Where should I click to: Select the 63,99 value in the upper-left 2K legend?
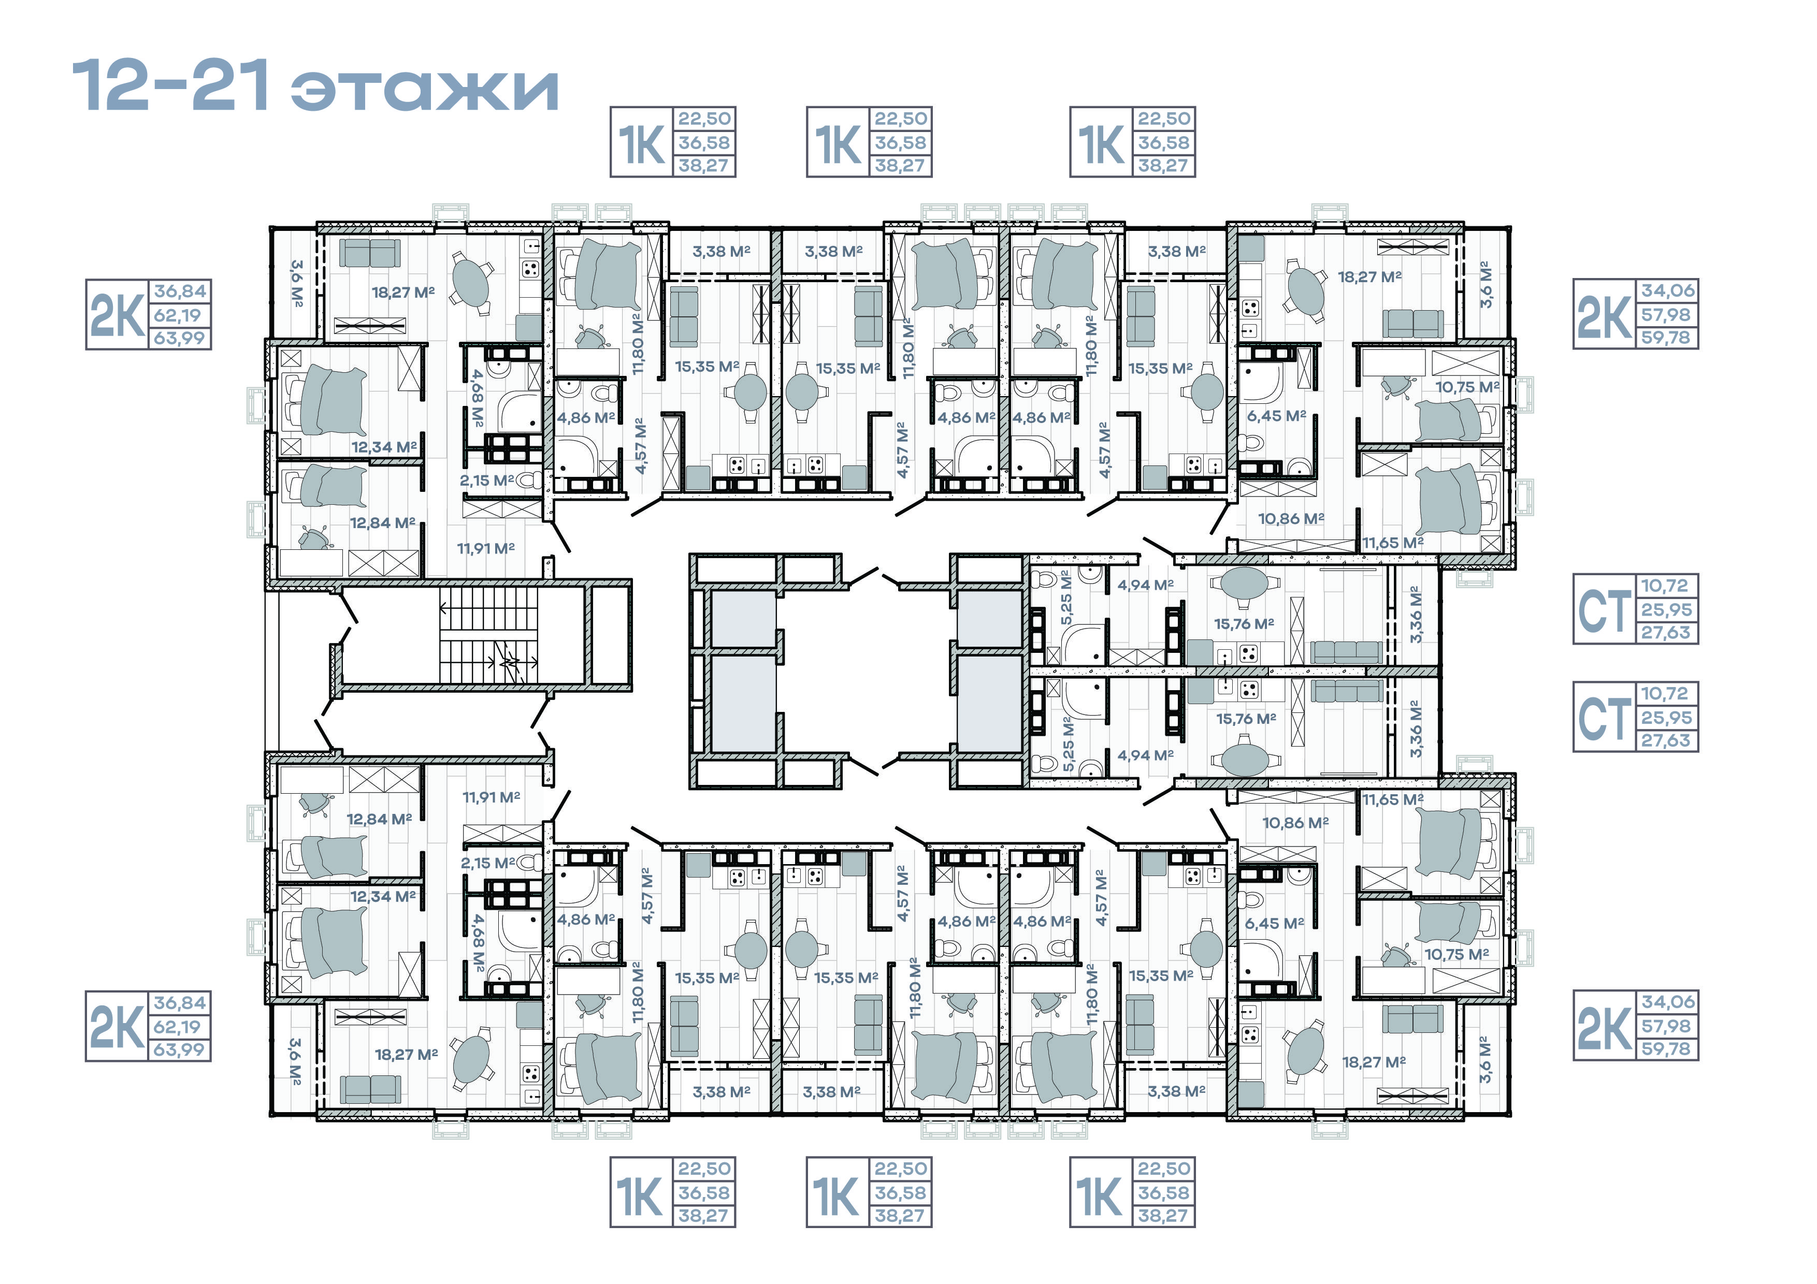180,338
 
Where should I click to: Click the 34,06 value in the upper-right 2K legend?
1667,290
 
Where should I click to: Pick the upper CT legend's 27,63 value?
1665,633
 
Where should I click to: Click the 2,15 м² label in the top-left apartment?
487,480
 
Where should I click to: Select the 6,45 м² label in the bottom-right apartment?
1274,923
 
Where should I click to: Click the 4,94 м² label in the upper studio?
1145,586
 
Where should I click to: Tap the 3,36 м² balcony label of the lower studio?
1416,728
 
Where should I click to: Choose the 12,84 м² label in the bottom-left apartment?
379,820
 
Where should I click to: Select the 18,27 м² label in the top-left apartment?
403,293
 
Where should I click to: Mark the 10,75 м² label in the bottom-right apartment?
1456,954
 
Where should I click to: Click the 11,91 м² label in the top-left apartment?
485,548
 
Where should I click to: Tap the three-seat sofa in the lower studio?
1345,691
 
